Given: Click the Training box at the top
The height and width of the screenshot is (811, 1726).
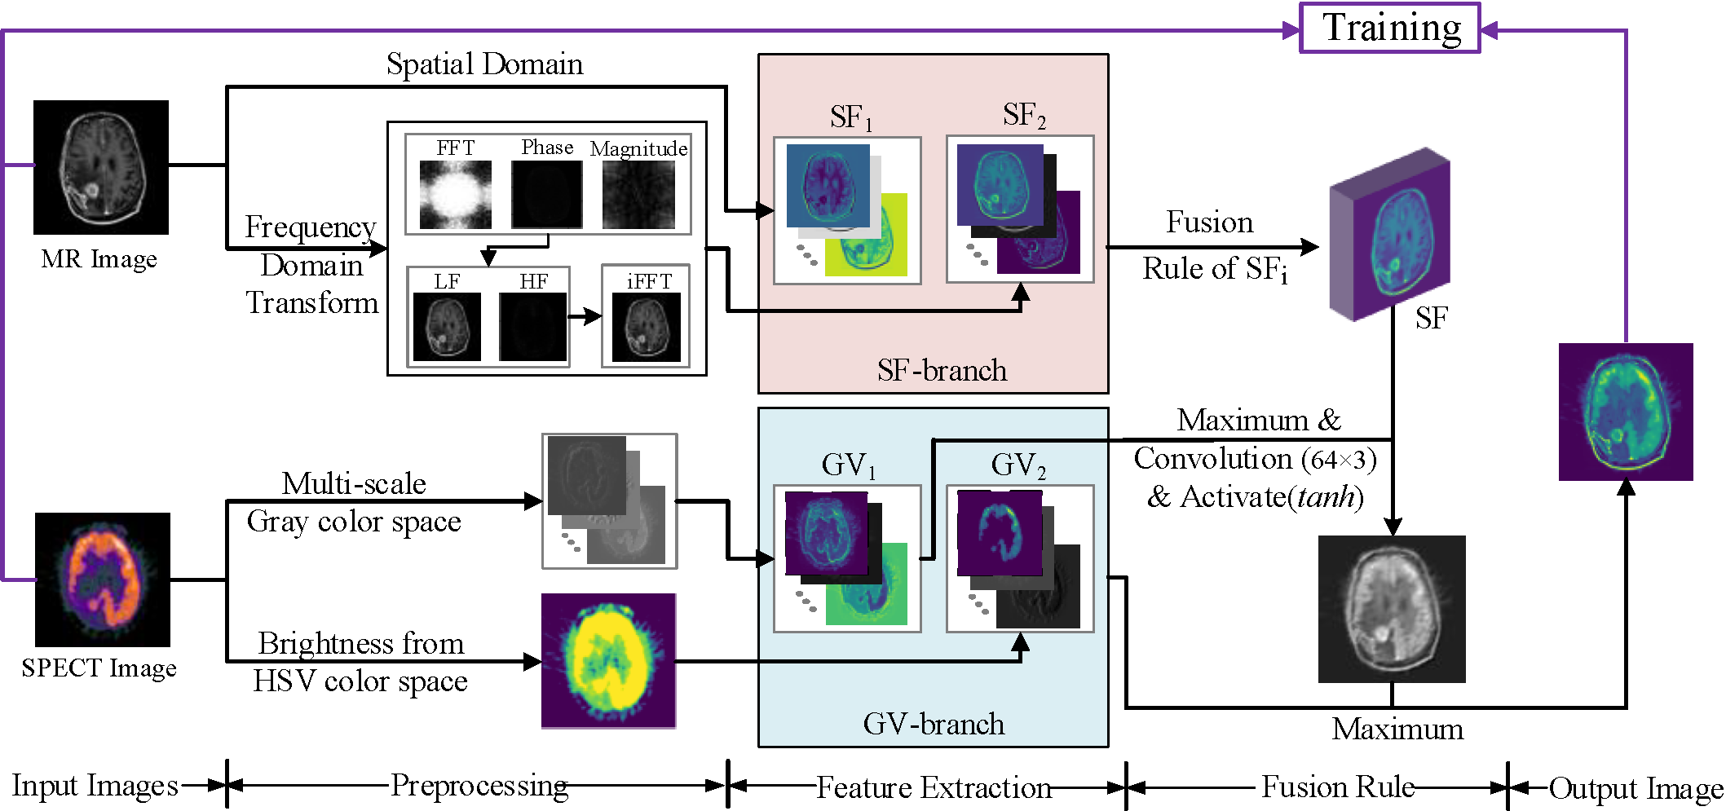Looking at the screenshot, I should coord(1389,29).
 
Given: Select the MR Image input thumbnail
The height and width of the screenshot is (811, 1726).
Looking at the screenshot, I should coord(101,167).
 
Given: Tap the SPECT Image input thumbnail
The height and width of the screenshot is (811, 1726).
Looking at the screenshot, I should coord(103,580).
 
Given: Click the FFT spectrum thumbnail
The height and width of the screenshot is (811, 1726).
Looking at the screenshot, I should coord(455,194).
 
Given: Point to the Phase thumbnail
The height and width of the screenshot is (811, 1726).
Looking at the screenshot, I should coord(546,194).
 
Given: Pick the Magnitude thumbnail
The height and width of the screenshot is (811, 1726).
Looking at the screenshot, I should coord(638,194).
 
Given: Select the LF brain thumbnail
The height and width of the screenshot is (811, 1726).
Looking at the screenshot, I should coord(447,326).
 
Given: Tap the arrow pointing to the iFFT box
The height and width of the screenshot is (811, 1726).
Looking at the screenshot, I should coord(585,316).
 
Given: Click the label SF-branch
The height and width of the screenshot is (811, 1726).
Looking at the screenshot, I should coord(942,371).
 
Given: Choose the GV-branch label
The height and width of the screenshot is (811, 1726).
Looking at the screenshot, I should coord(934,724).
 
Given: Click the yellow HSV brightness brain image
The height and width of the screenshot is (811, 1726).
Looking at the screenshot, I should coord(608,660).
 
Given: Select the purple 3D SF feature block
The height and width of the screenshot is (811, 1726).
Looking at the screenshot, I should coord(1389,235).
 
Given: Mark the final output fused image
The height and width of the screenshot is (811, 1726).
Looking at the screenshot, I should coord(1626,412).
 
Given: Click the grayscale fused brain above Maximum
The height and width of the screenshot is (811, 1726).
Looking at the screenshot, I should coord(1392,609).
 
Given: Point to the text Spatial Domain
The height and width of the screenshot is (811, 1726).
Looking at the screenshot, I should coord(484,64).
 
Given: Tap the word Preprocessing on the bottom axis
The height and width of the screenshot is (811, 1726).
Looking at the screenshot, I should coord(479,786).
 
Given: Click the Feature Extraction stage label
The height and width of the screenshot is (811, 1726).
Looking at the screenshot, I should coord(934,787).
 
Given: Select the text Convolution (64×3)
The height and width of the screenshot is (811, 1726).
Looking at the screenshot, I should coord(1255,459).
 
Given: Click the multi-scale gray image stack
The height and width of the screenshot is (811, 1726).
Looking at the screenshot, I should coord(609,500).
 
